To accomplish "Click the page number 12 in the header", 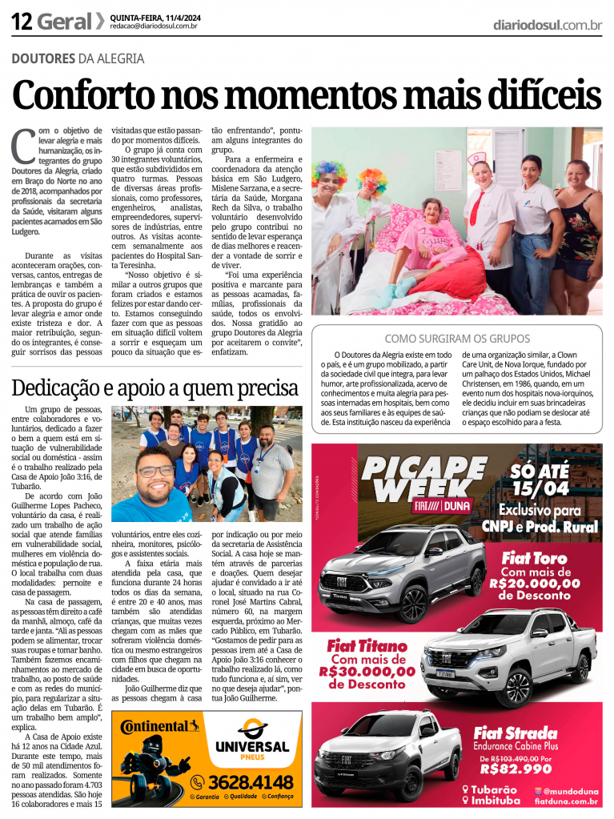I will tap(22, 22).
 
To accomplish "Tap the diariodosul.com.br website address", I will tap(548, 25).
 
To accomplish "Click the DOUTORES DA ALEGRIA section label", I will tap(78, 58).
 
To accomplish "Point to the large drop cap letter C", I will tap(23, 147).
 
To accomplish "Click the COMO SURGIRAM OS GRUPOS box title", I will tap(456, 338).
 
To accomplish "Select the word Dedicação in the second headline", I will tap(62, 389).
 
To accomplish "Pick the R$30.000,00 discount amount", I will tap(367, 672).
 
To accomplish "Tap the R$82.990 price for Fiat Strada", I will tap(516, 769).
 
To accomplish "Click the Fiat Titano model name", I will tap(368, 645).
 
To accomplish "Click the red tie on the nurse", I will tap(477, 207).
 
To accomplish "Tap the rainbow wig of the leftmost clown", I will tap(329, 172).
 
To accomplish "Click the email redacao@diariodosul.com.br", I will tap(154, 26).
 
